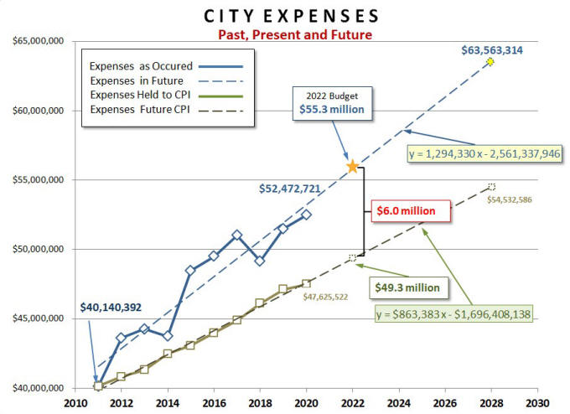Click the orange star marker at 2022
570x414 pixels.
(353, 167)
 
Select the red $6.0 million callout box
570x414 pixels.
(405, 211)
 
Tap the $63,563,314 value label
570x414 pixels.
(492, 50)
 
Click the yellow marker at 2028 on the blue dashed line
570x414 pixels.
(490, 62)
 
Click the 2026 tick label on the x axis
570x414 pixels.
(445, 401)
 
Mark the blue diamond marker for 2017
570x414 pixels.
(237, 235)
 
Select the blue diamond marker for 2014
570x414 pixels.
(168, 335)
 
